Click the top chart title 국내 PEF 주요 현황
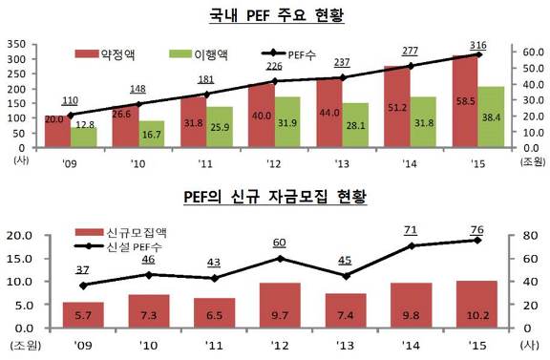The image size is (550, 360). point(276,16)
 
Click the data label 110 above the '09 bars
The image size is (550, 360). point(69,100)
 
